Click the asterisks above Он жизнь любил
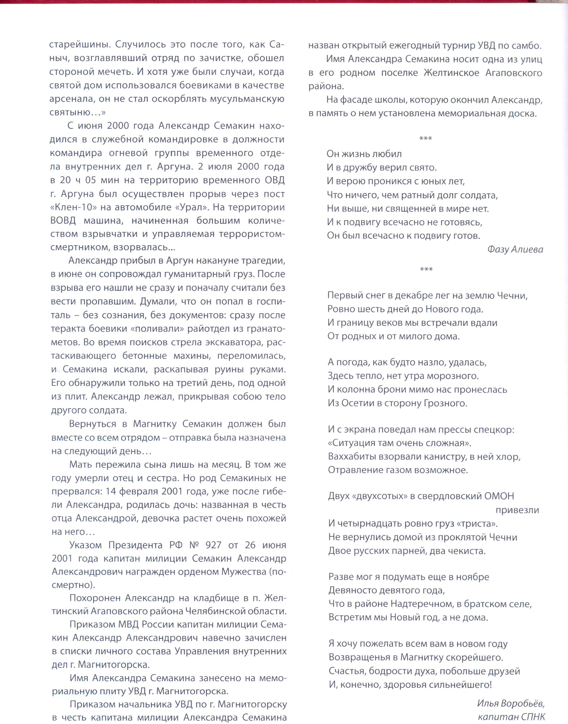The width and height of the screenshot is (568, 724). pyautogui.click(x=426, y=138)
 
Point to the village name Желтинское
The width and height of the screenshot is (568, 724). pyautogui.click(x=451, y=73)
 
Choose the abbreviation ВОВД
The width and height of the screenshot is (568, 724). pyautogui.click(x=63, y=221)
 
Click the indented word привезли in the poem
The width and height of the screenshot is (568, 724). pyautogui.click(x=517, y=510)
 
